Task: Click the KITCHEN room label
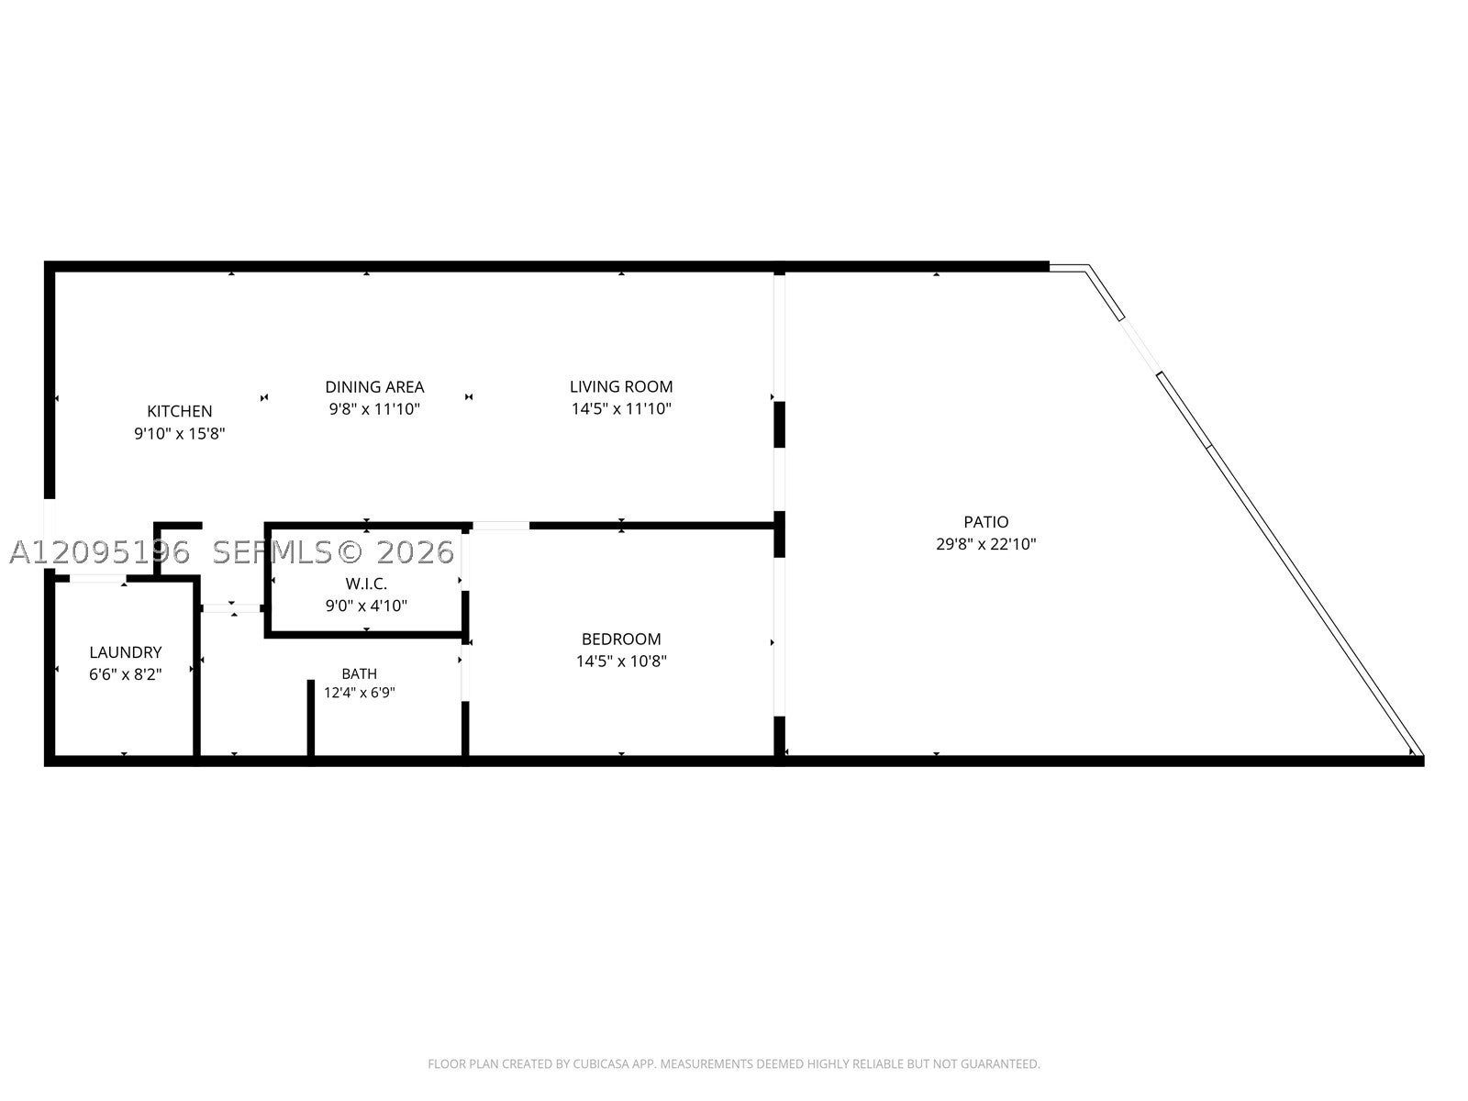pyautogui.click(x=179, y=411)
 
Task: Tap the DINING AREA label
pyautogui.click(x=374, y=387)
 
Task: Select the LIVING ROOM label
pyautogui.click(x=621, y=386)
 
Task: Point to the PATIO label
pyautogui.click(x=985, y=521)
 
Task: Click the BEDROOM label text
pyautogui.click(x=621, y=639)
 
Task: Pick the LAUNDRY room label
pyautogui.click(x=126, y=651)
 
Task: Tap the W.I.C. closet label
pyautogui.click(x=366, y=584)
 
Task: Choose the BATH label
pyautogui.click(x=359, y=673)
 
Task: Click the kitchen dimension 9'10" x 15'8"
pyautogui.click(x=179, y=434)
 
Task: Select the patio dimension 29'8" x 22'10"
pyautogui.click(x=985, y=544)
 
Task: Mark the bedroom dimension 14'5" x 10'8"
pyautogui.click(x=621, y=662)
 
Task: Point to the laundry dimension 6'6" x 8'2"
pyautogui.click(x=126, y=674)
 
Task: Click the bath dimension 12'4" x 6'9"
pyautogui.click(x=359, y=693)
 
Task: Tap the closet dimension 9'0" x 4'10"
pyautogui.click(x=366, y=606)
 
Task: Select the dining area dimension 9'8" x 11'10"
pyautogui.click(x=374, y=409)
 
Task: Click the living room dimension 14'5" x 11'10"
pyautogui.click(x=621, y=408)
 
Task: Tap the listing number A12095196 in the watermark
pyautogui.click(x=100, y=552)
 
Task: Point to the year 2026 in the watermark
pyautogui.click(x=415, y=552)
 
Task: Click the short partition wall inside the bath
pyautogui.click(x=311, y=718)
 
